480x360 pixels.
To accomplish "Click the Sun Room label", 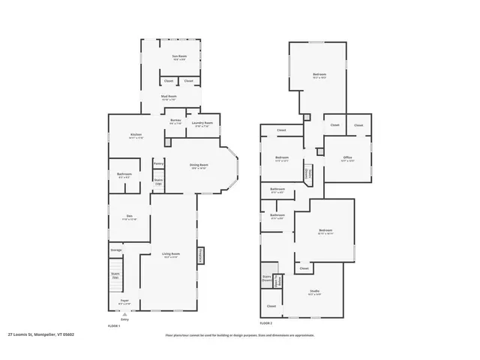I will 178,56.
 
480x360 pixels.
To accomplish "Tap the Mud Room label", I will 169,97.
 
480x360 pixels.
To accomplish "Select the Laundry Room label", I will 202,124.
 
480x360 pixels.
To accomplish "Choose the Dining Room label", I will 199,166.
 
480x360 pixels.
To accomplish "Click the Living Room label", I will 171,254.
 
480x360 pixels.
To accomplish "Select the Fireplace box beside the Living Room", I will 200,256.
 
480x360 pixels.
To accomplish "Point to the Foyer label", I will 125,301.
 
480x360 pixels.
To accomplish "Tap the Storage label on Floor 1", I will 116,250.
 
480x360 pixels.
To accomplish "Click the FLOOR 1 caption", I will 114,325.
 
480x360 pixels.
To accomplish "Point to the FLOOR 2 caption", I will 266,322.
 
